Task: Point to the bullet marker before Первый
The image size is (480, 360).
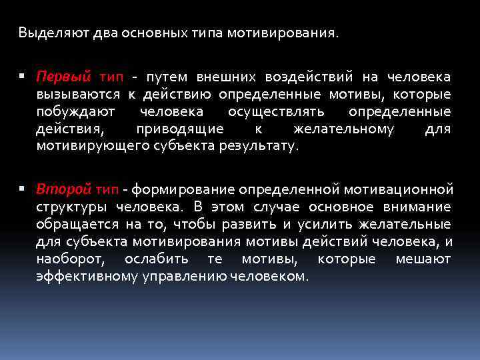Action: (x=23, y=77)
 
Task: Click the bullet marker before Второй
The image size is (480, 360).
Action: (x=23, y=189)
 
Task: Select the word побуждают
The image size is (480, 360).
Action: (x=76, y=111)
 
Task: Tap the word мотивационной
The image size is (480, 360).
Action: (x=399, y=189)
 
